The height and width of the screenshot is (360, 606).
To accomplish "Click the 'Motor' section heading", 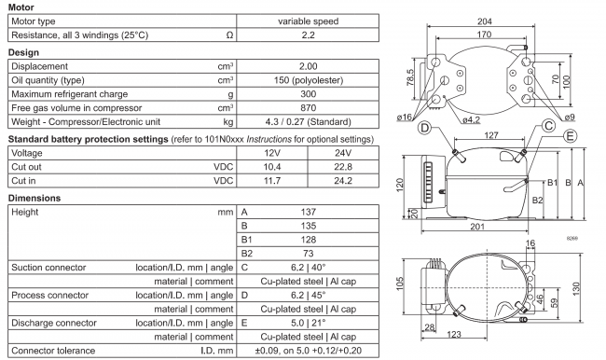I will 21,6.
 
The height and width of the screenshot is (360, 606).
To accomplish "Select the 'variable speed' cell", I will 307,21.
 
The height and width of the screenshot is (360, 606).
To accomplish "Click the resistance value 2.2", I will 307,35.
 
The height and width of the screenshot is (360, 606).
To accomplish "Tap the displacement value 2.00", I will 307,66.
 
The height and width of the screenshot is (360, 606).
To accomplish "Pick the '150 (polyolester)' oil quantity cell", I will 307,80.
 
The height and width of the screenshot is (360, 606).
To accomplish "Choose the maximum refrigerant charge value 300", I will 307,94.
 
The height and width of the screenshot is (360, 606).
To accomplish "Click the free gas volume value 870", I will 307,108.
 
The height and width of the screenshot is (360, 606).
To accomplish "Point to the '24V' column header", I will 342,153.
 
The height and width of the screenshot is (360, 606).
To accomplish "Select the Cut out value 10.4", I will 273,167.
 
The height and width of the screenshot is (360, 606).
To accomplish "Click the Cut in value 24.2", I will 342,181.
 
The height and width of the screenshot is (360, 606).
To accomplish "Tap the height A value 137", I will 307,213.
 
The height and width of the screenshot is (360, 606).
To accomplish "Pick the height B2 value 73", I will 307,254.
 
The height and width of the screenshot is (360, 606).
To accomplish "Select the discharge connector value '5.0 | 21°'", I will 307,323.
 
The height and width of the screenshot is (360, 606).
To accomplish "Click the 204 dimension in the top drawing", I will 485,21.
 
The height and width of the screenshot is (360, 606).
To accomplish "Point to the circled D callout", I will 424,128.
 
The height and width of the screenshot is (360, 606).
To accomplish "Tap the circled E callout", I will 568,135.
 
